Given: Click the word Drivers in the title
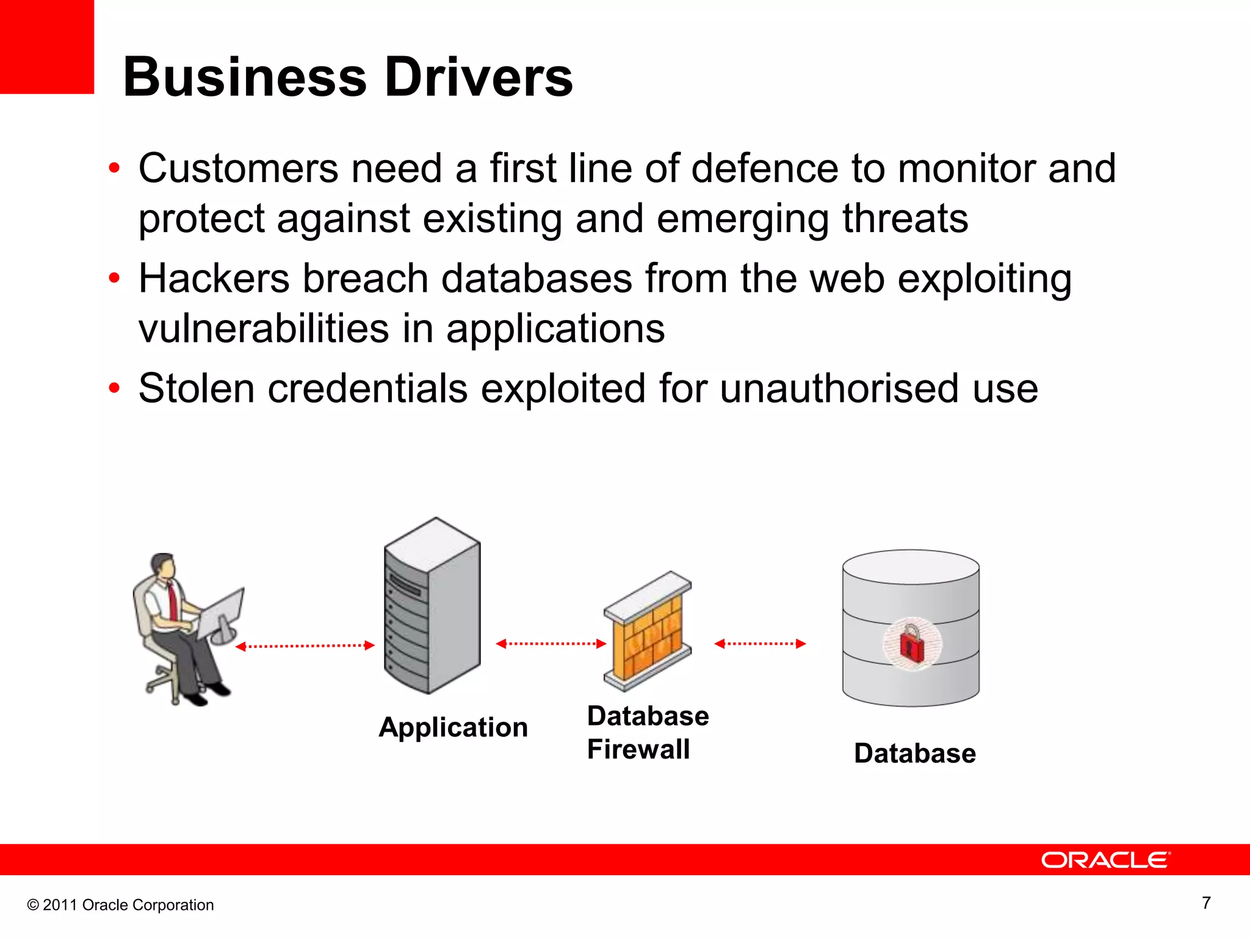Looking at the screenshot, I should tap(479, 78).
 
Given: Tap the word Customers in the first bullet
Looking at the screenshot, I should tap(238, 169).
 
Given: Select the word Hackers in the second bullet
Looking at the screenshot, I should tap(214, 279).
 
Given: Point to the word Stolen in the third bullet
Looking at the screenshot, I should tap(196, 389).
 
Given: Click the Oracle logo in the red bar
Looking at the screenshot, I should tap(1105, 860).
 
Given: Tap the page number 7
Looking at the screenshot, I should tap(1206, 903).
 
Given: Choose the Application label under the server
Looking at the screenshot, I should tap(453, 728).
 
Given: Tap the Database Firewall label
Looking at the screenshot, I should tap(647, 733).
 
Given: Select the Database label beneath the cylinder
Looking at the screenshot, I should tap(914, 754).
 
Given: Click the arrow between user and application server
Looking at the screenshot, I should tap(305, 646).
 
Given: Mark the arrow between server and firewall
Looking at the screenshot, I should tap(551, 644).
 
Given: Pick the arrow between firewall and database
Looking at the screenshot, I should tap(760, 644).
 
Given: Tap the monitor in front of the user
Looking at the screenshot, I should tap(221, 613).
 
